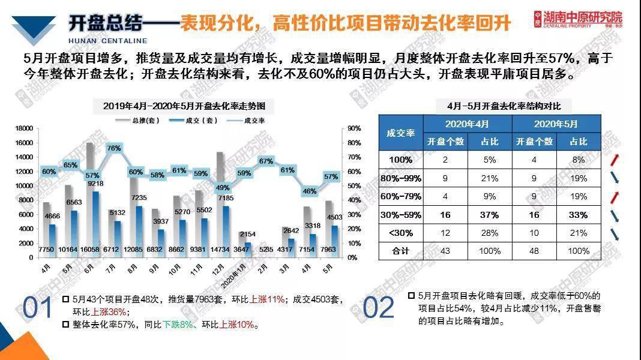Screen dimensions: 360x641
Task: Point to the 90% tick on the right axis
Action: [x=354, y=128]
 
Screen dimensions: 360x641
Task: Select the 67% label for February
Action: [x=266, y=161]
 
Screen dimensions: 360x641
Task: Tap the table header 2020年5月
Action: [x=556, y=124]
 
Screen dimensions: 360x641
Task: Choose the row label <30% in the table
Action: [x=400, y=233]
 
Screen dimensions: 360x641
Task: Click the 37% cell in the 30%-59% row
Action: [x=490, y=215]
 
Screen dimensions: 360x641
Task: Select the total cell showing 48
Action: [x=534, y=251]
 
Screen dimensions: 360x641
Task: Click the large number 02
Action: [x=379, y=308]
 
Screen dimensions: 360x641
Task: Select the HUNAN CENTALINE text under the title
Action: [x=108, y=41]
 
